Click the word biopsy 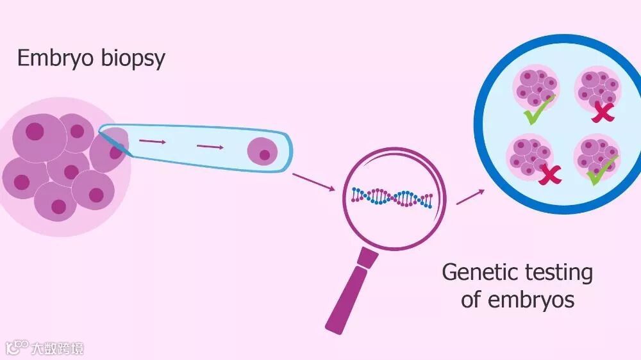[131, 60]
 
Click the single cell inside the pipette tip [261, 151]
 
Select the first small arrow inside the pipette [153, 141]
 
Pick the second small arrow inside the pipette [210, 147]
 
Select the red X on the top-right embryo [603, 113]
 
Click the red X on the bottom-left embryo [549, 175]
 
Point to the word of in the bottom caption [471, 299]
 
